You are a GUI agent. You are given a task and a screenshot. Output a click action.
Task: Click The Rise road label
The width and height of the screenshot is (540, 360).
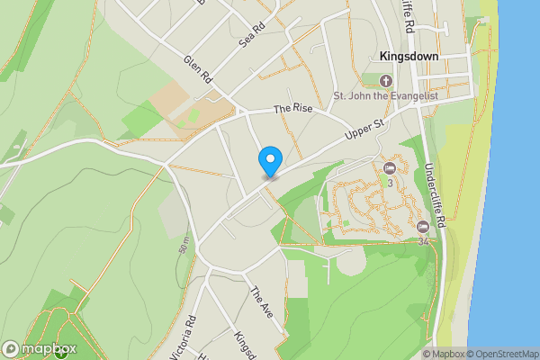(x=292, y=109)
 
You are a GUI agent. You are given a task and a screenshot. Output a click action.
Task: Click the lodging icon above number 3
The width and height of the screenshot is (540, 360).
(x=391, y=168)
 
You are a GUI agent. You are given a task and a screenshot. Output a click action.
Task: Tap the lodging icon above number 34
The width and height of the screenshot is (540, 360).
(x=423, y=226)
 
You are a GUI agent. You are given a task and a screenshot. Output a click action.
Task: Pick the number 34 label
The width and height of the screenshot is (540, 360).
(x=423, y=240)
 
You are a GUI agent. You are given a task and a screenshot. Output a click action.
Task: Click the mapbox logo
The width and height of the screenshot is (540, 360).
(x=40, y=348)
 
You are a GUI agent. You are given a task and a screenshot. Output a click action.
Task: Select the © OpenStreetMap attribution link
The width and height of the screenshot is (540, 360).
(x=506, y=354)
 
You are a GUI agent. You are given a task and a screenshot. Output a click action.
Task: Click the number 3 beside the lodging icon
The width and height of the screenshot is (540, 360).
(x=391, y=183)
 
